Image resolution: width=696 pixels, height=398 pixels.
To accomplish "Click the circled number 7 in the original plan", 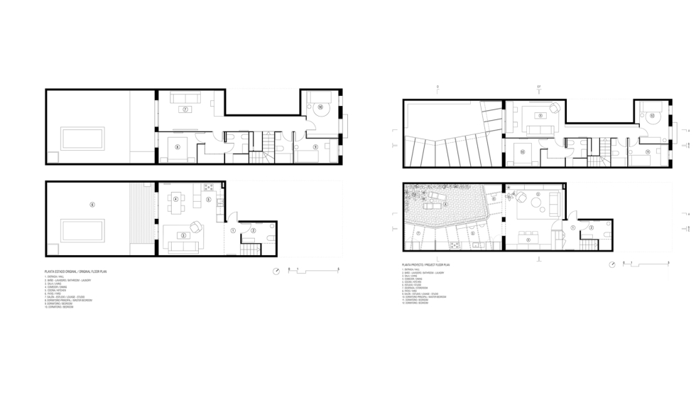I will click(x=185, y=109).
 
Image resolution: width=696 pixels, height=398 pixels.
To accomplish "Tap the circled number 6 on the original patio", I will click(x=92, y=205).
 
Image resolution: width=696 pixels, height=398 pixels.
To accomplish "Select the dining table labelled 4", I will click(x=175, y=198).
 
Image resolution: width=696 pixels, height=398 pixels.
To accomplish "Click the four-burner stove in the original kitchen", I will click(x=209, y=188).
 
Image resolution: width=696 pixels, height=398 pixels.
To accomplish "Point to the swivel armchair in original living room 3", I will click(x=197, y=227).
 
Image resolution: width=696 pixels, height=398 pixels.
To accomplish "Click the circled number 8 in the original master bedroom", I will click(x=177, y=146).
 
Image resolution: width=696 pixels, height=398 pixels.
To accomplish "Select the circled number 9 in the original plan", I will click(x=315, y=147).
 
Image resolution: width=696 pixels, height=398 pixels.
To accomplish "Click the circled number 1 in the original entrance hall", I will click(x=233, y=230).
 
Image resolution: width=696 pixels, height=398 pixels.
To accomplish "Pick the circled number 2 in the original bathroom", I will click(x=254, y=230).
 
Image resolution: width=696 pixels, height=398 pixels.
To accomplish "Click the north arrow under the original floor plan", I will click(x=276, y=270).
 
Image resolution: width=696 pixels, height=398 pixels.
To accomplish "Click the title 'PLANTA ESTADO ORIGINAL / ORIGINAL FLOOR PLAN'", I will click(x=75, y=271).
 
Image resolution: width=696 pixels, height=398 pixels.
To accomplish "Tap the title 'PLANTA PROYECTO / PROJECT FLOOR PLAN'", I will click(x=425, y=264).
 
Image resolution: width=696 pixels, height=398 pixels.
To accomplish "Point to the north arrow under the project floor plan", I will click(x=614, y=264).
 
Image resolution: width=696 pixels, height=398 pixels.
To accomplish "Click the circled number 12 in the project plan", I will click(x=651, y=115).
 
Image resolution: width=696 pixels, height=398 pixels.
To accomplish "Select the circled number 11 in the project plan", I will click(x=648, y=151).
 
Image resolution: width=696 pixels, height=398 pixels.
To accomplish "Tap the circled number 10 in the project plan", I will click(x=522, y=151).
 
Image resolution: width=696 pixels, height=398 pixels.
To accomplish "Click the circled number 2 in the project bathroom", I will click(x=592, y=227).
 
